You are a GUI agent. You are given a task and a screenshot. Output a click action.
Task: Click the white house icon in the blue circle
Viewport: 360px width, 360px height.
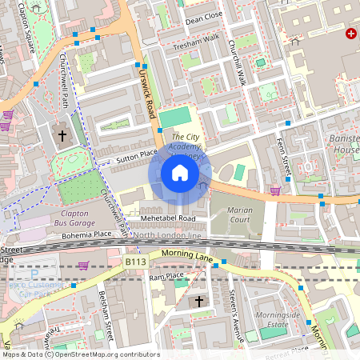pos(180,173)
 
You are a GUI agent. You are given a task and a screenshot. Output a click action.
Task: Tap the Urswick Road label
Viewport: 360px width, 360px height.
pos(146,91)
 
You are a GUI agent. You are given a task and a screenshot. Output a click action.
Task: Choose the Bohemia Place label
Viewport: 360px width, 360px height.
pos(87,235)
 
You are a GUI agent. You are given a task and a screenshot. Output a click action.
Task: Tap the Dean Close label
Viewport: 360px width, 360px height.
pos(204,16)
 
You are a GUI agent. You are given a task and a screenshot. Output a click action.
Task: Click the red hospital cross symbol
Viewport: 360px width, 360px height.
pos(350,34)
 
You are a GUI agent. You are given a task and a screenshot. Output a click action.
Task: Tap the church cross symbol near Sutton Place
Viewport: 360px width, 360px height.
pos(62,135)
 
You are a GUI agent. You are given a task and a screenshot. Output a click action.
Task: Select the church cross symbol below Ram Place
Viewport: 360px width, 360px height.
pos(199,301)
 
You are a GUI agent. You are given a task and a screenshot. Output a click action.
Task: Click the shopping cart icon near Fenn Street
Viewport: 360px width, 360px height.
pos(275,190)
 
